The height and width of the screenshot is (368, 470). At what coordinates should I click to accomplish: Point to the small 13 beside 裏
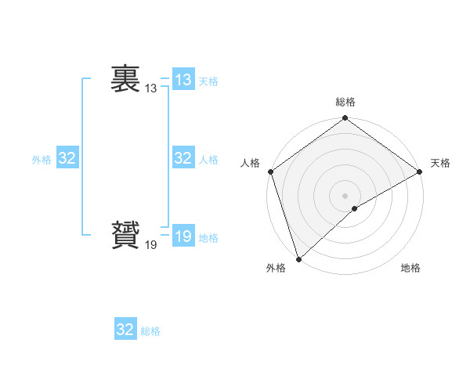150,89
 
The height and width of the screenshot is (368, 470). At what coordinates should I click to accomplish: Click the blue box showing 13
183,80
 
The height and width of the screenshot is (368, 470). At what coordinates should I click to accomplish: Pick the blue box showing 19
183,236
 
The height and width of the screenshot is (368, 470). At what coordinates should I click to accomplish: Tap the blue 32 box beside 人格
183,158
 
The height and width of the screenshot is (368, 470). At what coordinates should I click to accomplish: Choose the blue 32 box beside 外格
67,158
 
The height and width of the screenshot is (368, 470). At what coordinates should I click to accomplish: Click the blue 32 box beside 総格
125,330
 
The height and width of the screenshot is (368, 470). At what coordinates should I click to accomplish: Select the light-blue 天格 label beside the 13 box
208,81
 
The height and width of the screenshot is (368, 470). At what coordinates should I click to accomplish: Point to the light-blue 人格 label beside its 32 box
208,160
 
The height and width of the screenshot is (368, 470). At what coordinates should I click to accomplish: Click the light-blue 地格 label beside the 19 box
208,238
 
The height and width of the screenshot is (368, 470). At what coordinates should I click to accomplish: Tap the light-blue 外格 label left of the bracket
42,160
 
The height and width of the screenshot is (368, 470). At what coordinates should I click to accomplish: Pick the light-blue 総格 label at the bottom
150,331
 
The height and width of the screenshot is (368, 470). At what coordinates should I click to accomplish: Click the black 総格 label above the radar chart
345,102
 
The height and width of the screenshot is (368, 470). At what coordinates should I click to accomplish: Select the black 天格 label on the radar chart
441,163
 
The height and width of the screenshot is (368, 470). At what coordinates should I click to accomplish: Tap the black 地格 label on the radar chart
410,269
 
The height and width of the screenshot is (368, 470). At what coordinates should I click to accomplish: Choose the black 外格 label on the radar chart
276,269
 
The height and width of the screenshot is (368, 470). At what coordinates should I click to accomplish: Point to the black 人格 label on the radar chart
250,163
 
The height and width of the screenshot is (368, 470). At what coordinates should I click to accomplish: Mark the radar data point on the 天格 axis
420,171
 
